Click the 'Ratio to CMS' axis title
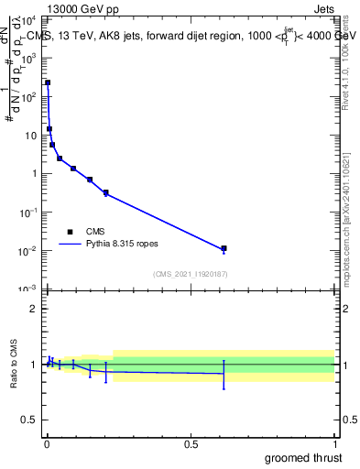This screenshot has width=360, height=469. point(15,364)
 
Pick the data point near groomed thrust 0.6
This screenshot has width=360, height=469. point(224,248)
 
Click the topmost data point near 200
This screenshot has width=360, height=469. point(48,82)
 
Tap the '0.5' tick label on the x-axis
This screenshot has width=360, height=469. point(191,444)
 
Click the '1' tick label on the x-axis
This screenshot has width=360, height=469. point(333,444)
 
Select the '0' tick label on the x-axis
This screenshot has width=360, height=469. point(48,444)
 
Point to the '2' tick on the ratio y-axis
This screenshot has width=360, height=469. point(33,309)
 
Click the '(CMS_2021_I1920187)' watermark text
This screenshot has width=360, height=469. point(191,273)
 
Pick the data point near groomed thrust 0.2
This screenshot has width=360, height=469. point(106,193)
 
